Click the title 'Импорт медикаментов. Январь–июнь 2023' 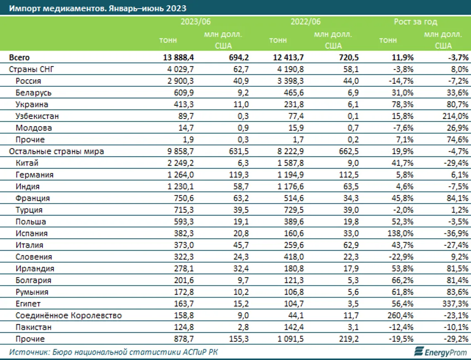(x=98, y=8)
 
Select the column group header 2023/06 (x=195, y=22)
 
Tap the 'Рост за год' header (x=415, y=22)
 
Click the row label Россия (x=29, y=81)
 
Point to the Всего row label (x=19, y=57)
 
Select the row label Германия (x=34, y=175)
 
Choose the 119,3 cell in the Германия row (x=239, y=175)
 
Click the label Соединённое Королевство (x=69, y=316)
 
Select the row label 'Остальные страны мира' (x=57, y=151)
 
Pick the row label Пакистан (x=33, y=327)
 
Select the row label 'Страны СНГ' (x=31, y=69)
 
